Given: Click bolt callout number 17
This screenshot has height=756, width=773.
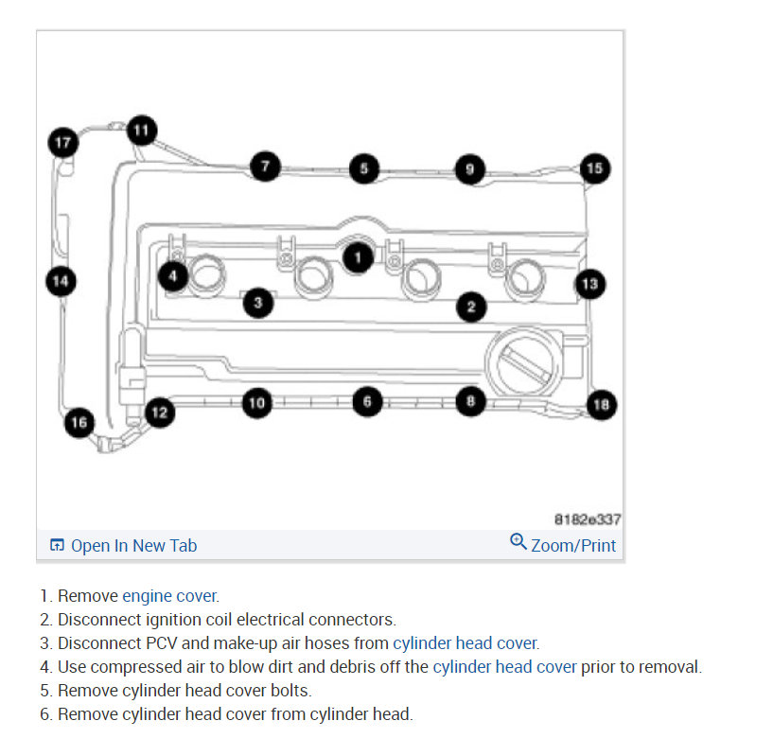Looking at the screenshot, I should tap(62, 143).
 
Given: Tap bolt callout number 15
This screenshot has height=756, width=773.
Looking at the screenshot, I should tap(594, 168).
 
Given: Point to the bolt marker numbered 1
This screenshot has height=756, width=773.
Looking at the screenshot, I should tap(357, 255).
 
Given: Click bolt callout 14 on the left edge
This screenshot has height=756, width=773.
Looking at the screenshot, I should tap(61, 281).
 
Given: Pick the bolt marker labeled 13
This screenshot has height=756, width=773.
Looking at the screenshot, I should tap(589, 283).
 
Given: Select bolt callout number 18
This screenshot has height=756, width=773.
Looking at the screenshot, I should tap(601, 405).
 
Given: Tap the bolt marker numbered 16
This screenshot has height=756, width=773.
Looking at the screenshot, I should tap(79, 422).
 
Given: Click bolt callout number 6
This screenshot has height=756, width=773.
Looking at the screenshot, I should tap(368, 402).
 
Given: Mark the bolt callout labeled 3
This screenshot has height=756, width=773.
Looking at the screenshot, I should tap(257, 303).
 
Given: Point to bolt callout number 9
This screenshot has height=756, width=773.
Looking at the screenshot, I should tap(469, 169).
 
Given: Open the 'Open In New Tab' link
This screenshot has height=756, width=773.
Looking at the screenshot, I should tap(132, 545).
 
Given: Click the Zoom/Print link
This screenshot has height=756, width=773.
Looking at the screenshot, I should tap(573, 545).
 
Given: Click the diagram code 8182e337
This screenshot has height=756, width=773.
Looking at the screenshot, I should tap(587, 519).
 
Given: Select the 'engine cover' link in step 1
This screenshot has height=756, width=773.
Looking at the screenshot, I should tap(169, 596).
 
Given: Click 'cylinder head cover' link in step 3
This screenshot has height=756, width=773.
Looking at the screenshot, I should tap(465, 643).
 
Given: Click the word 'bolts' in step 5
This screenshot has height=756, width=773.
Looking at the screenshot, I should tap(290, 691).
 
